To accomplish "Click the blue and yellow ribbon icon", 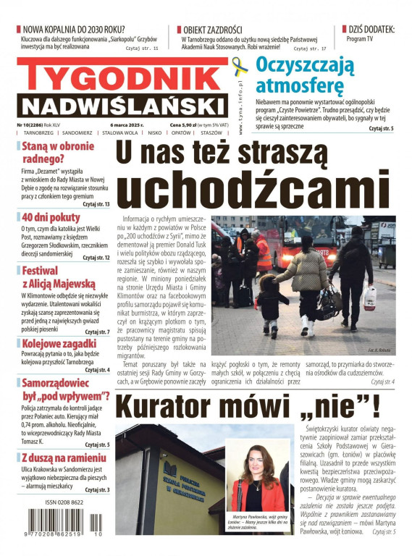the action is (239, 70).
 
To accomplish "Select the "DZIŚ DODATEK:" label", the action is (371, 30).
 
